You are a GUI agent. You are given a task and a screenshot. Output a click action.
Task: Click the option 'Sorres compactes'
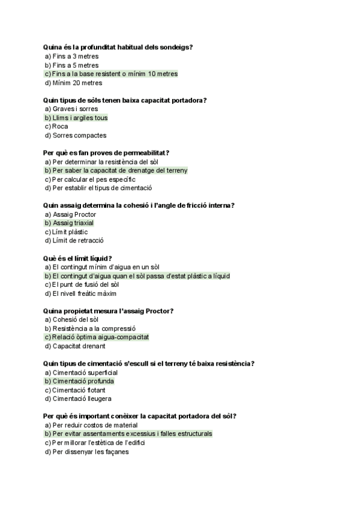79,136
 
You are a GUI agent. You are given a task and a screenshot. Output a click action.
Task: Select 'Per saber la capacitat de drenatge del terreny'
119,170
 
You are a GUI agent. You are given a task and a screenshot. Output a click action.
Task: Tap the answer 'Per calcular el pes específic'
94,179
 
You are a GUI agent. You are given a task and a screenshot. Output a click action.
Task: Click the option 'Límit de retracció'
78,241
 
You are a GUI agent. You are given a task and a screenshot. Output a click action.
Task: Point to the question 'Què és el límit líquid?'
78,258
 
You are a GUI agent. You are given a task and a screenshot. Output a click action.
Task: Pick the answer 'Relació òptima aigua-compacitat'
100,337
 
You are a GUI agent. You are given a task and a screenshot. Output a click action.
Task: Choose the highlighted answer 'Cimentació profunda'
83,381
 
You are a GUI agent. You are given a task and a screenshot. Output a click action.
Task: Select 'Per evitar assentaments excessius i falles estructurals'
132,433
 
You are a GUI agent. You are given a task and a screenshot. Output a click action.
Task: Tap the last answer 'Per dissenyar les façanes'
90,451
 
